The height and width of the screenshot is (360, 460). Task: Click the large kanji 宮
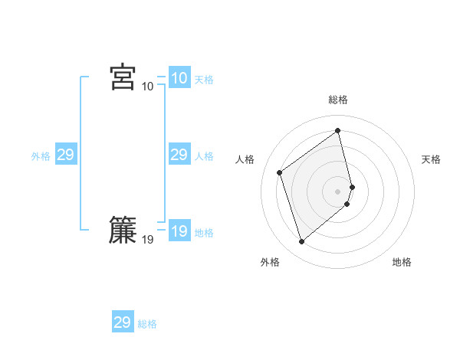pyautogui.click(x=123, y=77)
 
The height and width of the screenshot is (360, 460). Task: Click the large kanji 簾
pyautogui.click(x=123, y=231)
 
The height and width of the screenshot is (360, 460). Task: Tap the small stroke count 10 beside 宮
pyautogui.click(x=147, y=86)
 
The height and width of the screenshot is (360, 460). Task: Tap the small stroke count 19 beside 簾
pyautogui.click(x=147, y=240)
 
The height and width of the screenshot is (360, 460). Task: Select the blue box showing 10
pyautogui.click(x=179, y=78)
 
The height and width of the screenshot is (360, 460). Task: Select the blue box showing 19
pyautogui.click(x=179, y=231)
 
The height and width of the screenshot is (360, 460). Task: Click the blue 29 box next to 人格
pyautogui.click(x=179, y=155)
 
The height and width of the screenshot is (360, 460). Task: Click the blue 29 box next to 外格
pyautogui.click(x=65, y=155)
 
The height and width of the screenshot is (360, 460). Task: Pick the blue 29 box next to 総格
pyautogui.click(x=122, y=322)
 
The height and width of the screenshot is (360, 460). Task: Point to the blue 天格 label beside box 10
pyautogui.click(x=204, y=80)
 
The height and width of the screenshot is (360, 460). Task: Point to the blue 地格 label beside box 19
pyautogui.click(x=204, y=233)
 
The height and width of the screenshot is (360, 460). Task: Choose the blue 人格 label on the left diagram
pyautogui.click(x=204, y=156)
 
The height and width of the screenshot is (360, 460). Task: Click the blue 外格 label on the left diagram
pyautogui.click(x=41, y=156)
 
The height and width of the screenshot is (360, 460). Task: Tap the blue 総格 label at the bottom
pyautogui.click(x=147, y=324)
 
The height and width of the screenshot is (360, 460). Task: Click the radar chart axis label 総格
pyautogui.click(x=338, y=100)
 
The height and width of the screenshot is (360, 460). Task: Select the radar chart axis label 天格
pyautogui.click(x=431, y=159)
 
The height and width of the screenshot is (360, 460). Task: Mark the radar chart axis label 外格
pyautogui.click(x=270, y=262)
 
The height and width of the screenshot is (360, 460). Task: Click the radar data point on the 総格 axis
pyautogui.click(x=338, y=131)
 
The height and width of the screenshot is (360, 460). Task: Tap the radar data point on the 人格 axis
pyautogui.click(x=280, y=172)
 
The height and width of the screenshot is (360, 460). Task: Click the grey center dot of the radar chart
pyautogui.click(x=338, y=191)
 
